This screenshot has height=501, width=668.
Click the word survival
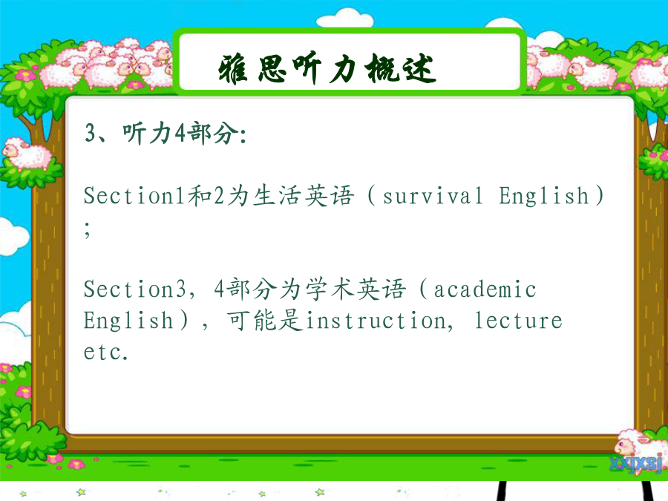coord(433,197)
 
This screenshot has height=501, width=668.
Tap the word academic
coord(485,289)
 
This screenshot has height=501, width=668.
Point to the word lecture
coord(519,321)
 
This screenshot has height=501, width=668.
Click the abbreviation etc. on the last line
coord(105,353)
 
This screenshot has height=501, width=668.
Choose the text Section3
coord(135,289)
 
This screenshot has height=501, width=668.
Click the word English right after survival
coord(544,196)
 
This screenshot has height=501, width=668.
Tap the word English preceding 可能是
coord(128,321)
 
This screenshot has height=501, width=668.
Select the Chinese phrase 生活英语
coord(304,196)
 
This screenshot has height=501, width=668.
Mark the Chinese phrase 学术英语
coord(356,289)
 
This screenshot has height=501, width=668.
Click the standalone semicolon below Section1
coord(88,229)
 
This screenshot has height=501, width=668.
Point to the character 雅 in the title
coord(233,69)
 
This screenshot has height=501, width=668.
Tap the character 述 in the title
coord(419,68)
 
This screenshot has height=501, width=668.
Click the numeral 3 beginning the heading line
coord(91,133)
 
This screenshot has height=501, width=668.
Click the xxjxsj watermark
coord(635,464)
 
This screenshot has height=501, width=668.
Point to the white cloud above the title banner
coord(345,19)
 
